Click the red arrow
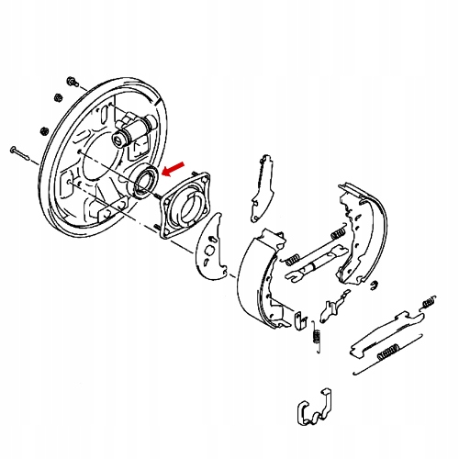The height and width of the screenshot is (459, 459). (173, 167)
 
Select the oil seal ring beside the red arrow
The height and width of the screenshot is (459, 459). (144, 181)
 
